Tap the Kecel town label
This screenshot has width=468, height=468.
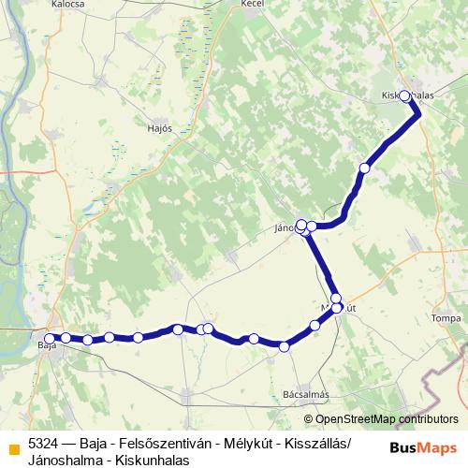(x=253, y=5)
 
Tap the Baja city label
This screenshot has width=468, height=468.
(x=47, y=346)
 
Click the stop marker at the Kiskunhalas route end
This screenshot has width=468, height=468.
(x=405, y=95)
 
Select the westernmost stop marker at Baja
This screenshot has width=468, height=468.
(x=50, y=337)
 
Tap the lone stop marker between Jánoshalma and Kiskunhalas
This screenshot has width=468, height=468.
(x=365, y=168)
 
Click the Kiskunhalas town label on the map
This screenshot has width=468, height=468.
(x=410, y=96)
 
